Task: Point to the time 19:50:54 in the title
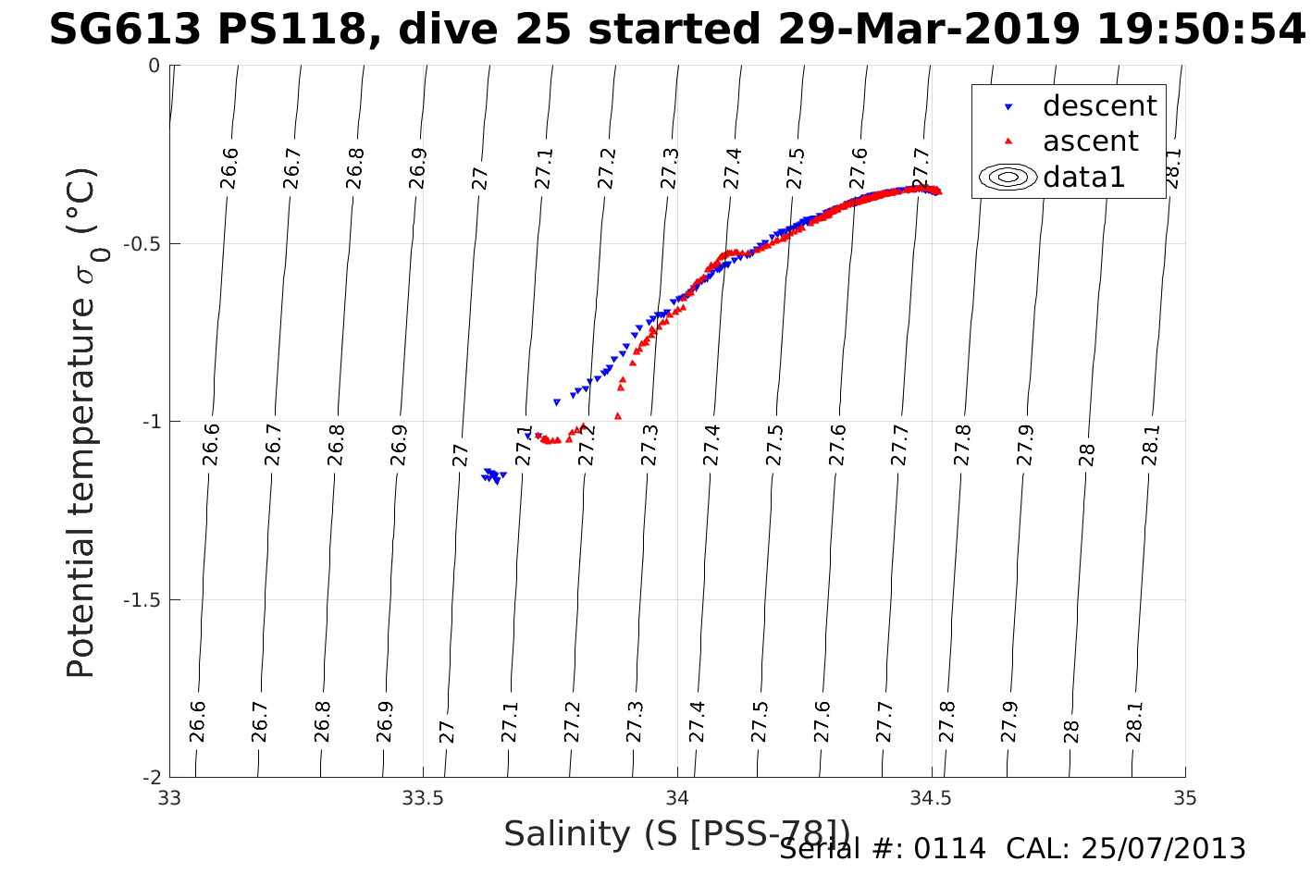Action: coord(1201,31)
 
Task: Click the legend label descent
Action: coord(1099,106)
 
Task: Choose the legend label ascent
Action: coord(1091,142)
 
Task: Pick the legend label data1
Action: coord(1083,177)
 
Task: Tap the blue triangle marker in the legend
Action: coord(1008,107)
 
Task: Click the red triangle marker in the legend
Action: coord(1008,142)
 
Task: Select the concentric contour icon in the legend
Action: coord(1008,177)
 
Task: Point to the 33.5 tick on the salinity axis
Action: coord(424,797)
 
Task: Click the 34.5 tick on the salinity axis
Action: coord(932,797)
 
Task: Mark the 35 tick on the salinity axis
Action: coord(1185,797)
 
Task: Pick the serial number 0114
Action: coord(949,848)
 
